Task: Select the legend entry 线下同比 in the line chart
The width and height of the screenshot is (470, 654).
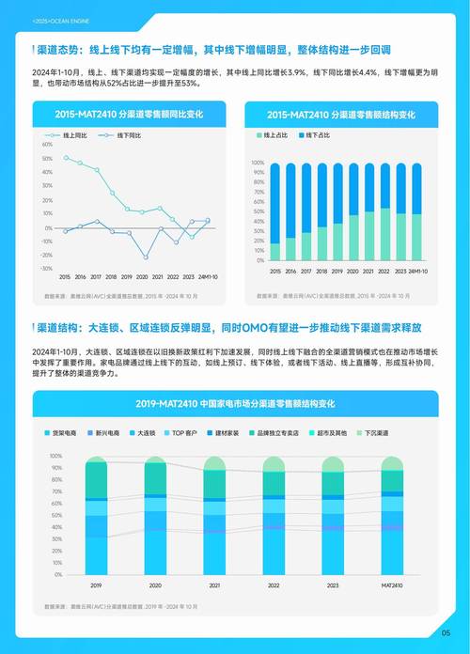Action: point(130,136)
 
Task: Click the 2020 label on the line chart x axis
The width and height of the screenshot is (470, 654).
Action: point(142,278)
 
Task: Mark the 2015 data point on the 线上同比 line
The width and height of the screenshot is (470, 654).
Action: point(65,158)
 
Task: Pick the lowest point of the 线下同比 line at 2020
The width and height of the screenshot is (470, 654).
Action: point(146,257)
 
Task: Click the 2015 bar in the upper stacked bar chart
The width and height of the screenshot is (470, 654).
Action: point(274,212)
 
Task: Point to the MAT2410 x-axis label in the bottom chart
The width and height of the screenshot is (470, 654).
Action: point(393,584)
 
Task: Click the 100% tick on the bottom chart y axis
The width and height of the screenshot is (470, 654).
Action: point(55,457)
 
